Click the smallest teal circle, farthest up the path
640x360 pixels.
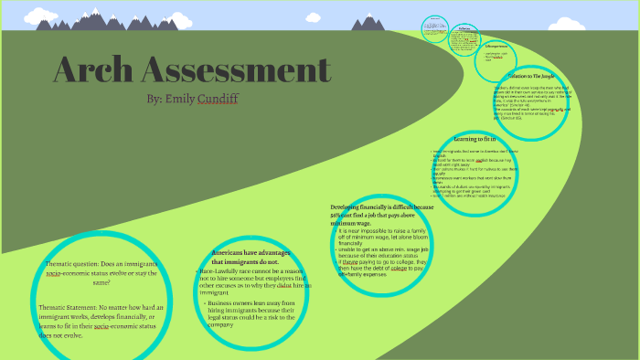pyautogui.click(x=434, y=28)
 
